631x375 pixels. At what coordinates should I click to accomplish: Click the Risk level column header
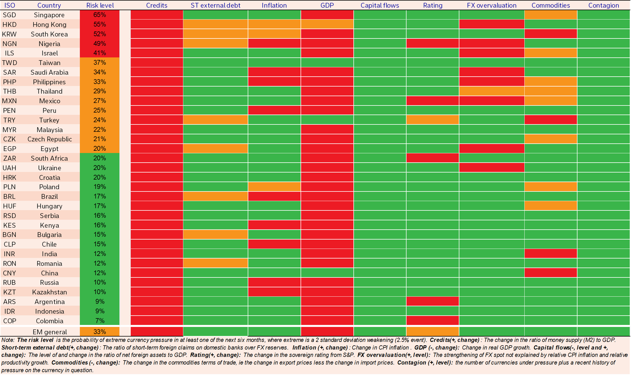click(100, 5)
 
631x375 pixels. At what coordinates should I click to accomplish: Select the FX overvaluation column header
click(491, 5)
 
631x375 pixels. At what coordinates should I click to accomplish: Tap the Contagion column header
click(603, 5)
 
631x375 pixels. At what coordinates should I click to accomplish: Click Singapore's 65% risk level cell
click(99, 15)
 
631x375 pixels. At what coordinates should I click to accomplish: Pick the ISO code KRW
click(9, 34)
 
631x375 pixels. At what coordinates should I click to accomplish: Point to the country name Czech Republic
click(49, 139)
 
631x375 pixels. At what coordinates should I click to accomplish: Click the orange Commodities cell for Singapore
click(550, 15)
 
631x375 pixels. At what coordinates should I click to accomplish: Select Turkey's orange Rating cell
click(432, 120)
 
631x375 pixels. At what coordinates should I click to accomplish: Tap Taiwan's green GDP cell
click(327, 63)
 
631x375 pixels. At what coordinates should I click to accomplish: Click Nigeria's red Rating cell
click(432, 44)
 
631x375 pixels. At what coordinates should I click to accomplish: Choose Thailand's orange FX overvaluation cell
click(491, 91)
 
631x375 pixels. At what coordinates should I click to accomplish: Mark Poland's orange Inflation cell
click(274, 187)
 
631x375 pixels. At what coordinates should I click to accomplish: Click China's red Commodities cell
click(550, 273)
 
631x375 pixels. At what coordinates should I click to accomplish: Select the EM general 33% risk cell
click(99, 331)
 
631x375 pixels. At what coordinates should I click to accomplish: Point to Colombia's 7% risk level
click(99, 321)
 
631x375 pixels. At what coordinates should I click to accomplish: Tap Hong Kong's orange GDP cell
click(327, 25)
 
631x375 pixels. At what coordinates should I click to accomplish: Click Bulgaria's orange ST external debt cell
click(215, 234)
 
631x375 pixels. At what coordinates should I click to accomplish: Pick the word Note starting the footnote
click(7, 340)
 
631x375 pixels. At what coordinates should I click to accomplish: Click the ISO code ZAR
click(9, 158)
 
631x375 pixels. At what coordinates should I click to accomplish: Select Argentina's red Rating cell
click(432, 301)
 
